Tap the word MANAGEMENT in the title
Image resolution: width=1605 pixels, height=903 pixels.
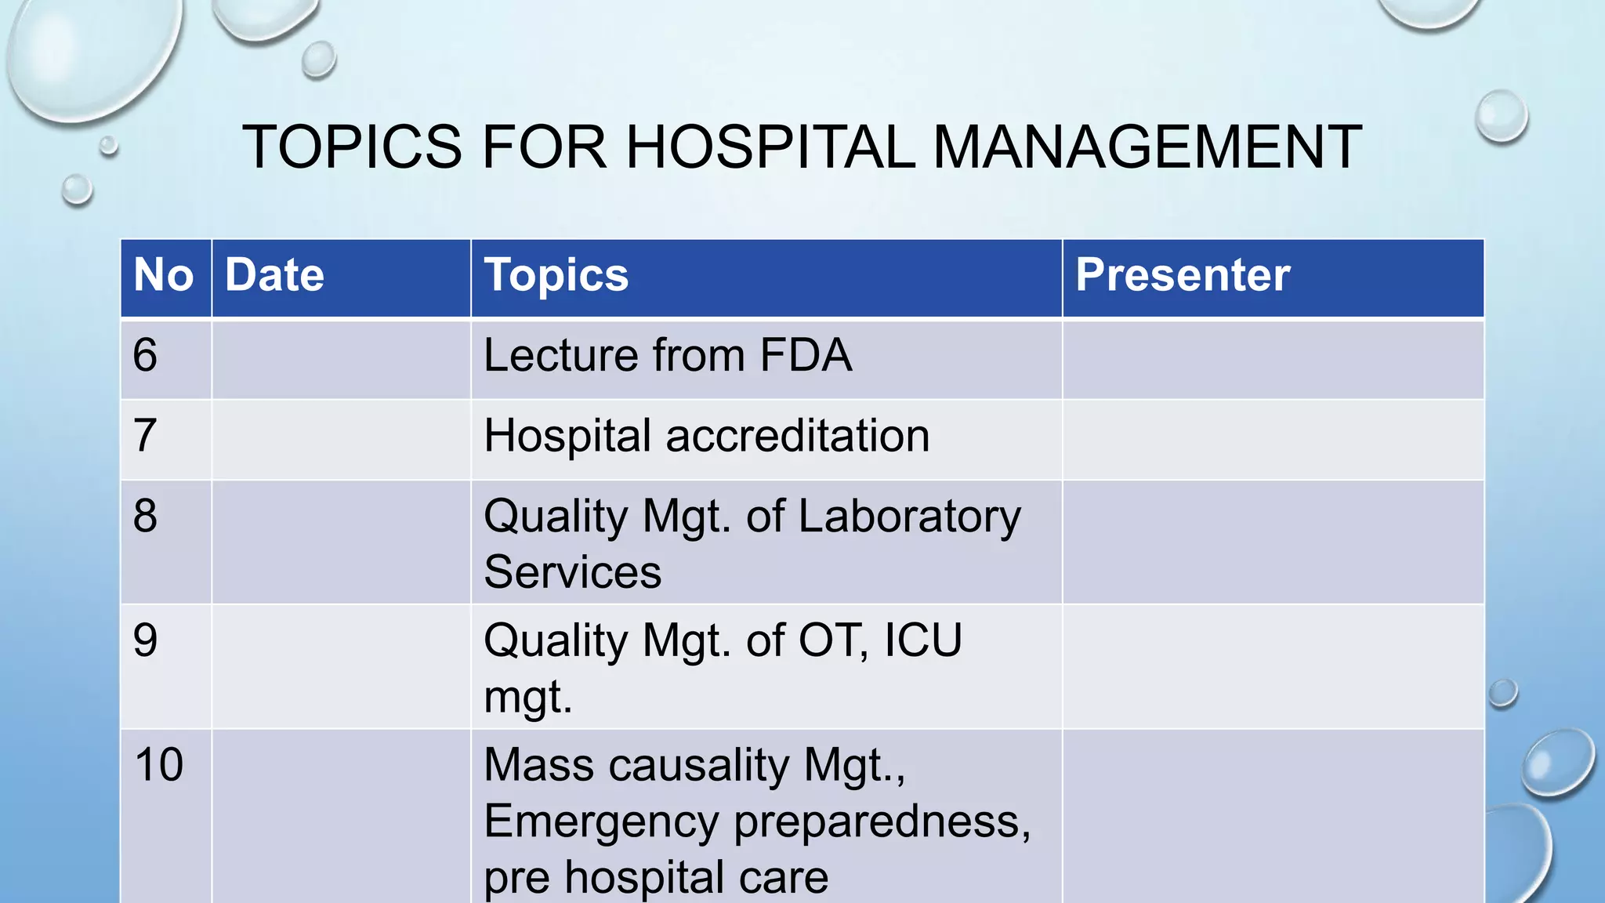pos(1147,147)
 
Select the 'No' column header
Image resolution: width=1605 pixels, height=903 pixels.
pos(164,276)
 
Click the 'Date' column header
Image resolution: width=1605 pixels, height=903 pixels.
pos(274,276)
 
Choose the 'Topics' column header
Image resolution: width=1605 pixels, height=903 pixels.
pos(556,276)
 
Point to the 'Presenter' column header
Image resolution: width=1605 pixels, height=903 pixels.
pos(1182,276)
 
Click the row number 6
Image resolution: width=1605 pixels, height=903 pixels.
pos(145,356)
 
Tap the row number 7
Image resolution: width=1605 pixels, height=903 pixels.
pos(145,436)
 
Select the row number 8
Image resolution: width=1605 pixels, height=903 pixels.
pos(145,517)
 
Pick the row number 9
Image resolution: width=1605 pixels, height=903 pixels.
pos(145,640)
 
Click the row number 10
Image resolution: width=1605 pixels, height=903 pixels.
pos(159,765)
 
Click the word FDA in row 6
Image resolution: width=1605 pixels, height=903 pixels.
pos(806,356)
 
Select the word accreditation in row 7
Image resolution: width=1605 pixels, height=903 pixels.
pos(797,436)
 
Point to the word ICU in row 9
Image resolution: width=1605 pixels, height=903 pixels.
pos(922,640)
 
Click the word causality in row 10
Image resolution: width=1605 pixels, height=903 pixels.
pos(699,765)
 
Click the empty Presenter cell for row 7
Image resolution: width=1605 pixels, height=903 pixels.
pos(1273,440)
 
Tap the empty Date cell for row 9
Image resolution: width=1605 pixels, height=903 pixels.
pos(341,666)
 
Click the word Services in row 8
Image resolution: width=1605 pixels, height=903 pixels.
pos(572,572)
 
